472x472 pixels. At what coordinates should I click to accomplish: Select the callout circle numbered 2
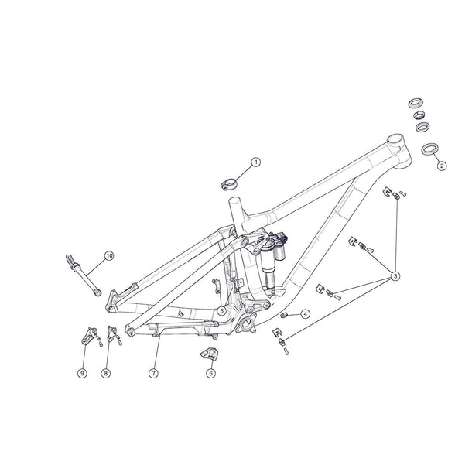click(441, 165)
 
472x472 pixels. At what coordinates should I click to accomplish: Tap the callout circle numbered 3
click(395, 275)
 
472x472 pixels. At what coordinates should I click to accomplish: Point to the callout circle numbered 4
click(306, 314)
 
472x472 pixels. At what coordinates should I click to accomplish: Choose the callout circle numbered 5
click(221, 311)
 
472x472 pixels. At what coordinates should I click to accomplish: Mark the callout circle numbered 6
click(210, 373)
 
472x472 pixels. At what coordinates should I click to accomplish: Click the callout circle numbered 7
click(154, 373)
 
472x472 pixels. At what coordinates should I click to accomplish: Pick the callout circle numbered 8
click(106, 374)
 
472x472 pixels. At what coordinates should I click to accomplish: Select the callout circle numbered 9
click(81, 374)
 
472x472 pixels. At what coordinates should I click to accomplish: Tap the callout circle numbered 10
click(108, 255)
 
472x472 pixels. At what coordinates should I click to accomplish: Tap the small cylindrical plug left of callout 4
click(284, 316)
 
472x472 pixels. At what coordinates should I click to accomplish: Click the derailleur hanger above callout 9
click(87, 337)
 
